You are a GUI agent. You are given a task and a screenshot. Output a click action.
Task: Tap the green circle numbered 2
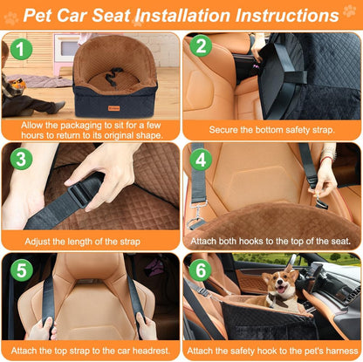201,47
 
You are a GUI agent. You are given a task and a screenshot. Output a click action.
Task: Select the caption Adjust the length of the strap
91,238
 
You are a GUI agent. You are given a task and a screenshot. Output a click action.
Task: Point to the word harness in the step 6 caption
334,350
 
